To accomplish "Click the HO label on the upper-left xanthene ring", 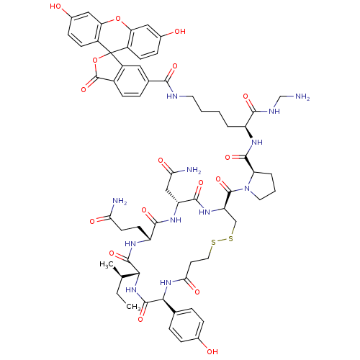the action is pyautogui.click(x=55, y=6).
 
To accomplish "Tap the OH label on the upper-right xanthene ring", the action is pyautogui.click(x=180, y=32).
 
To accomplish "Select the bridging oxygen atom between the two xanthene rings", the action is pyautogui.click(x=117, y=18).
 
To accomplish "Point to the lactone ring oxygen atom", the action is pyautogui.click(x=95, y=60).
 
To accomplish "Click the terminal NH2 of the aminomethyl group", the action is pyautogui.click(x=302, y=96).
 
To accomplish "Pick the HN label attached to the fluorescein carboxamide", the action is pyautogui.click(x=172, y=96).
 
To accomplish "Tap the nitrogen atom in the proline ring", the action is pyautogui.click(x=247, y=189).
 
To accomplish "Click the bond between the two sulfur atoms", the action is pyautogui.click(x=222, y=240).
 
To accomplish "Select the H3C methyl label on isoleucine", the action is pyautogui.click(x=107, y=265).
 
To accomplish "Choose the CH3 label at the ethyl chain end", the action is pyautogui.click(x=133, y=307).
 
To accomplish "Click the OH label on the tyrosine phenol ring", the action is pyautogui.click(x=212, y=352).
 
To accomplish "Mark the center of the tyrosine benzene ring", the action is pyautogui.click(x=186, y=325).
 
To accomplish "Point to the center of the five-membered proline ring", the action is pyautogui.click(x=261, y=185).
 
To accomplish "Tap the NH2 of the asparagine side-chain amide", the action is pyautogui.click(x=194, y=171).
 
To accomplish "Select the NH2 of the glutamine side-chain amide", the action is pyautogui.click(x=120, y=201).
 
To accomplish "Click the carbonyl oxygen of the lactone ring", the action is pyautogui.click(x=84, y=90).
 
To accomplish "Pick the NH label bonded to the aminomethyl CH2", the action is pyautogui.click(x=274, y=111).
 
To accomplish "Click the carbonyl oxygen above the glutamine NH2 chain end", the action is pyautogui.click(x=92, y=221).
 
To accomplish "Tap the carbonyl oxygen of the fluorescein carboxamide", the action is pyautogui.click(x=174, y=66).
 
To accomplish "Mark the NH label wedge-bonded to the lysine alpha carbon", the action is pyautogui.click(x=257, y=143).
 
